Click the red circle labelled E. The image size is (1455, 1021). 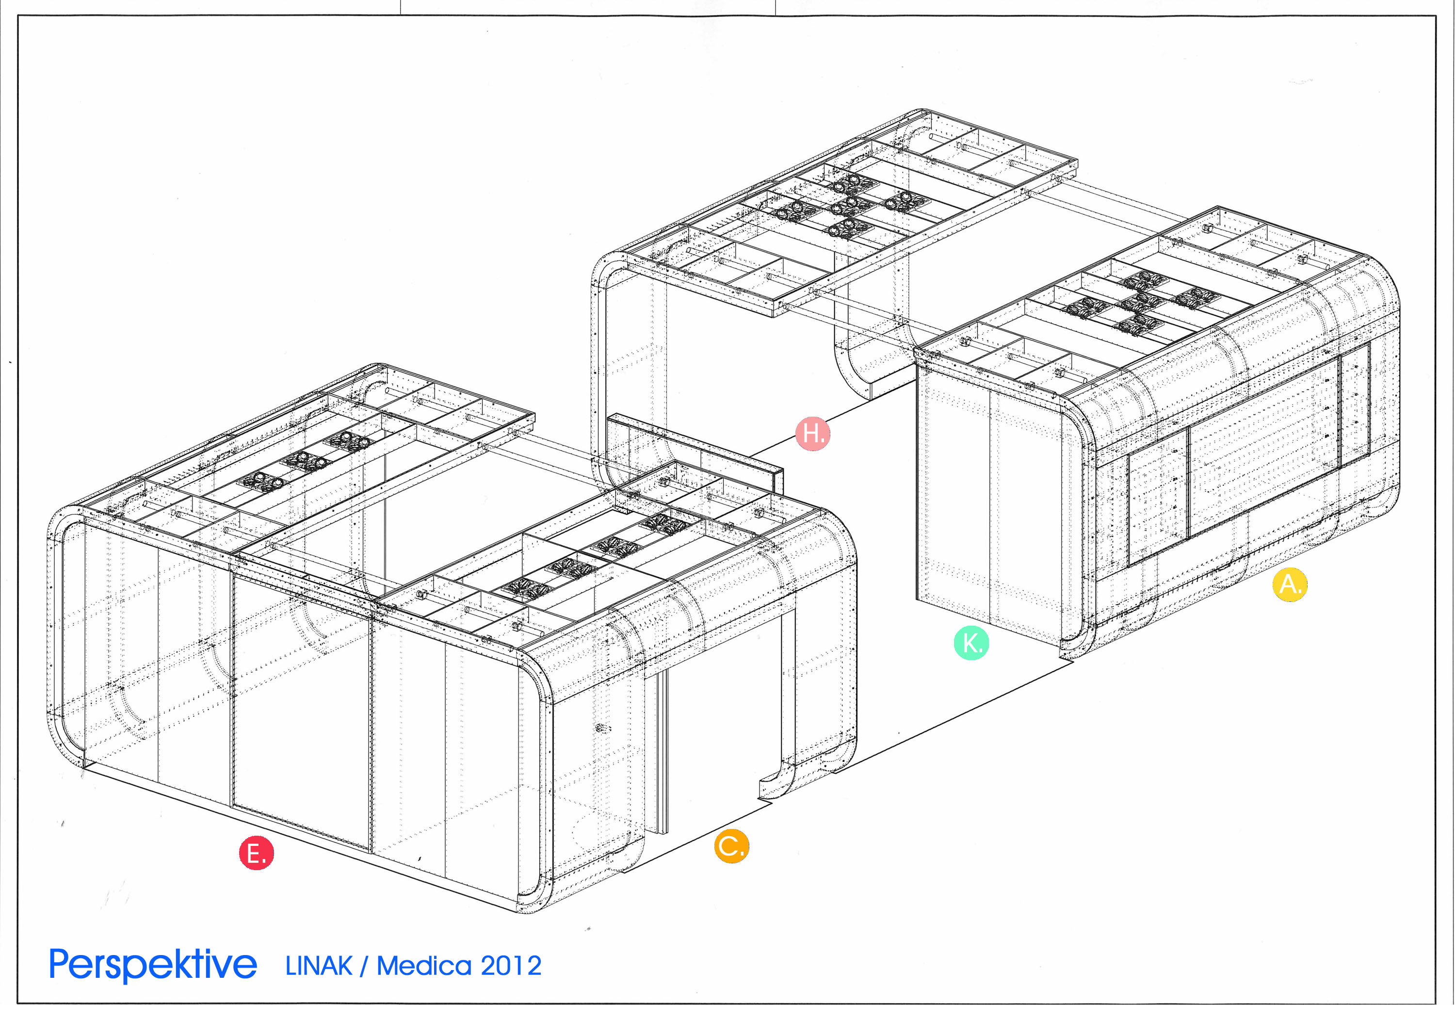256,853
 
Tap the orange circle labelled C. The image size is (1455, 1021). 731,845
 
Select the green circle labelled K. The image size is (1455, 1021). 971,643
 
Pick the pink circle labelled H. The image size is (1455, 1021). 812,434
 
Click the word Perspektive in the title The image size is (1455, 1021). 153,965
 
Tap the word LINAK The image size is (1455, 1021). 319,966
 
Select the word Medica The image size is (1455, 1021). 424,966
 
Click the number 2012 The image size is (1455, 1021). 511,966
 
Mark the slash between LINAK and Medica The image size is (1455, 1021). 364,966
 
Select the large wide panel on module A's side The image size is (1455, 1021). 1262,450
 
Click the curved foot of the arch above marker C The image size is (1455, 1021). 775,786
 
